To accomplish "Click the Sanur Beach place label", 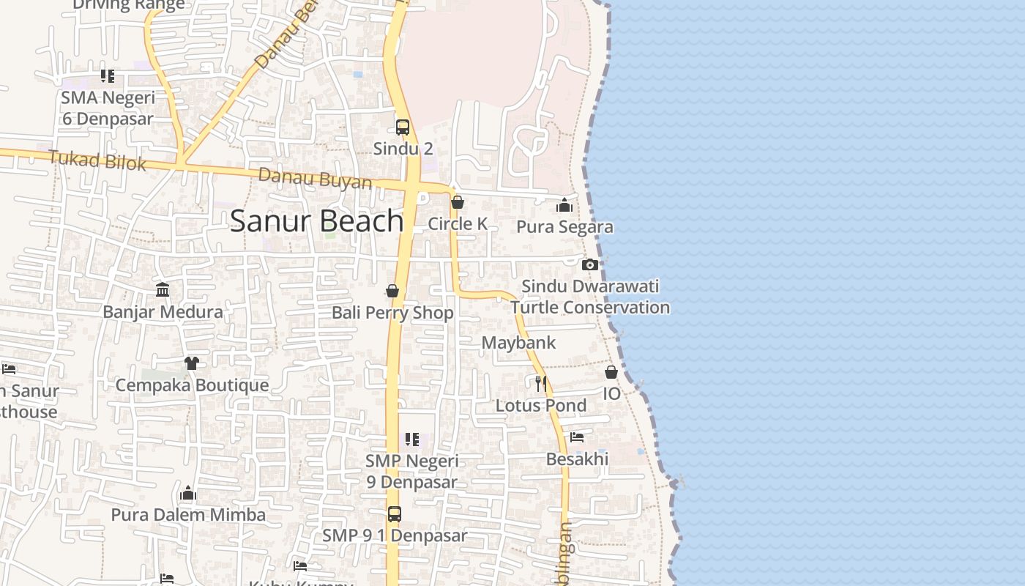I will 316,221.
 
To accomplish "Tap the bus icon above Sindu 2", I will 403,127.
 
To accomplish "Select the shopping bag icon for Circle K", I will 458,202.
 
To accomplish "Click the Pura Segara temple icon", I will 564,206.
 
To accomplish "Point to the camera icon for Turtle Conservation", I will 590,265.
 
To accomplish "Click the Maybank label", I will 518,343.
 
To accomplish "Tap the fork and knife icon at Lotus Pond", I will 541,384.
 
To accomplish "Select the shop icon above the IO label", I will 611,373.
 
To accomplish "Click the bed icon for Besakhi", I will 577,437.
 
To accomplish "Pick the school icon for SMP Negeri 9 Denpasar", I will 412,439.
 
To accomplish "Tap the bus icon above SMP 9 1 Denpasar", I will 395,514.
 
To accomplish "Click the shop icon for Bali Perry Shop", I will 392,292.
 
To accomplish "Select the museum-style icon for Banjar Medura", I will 163,291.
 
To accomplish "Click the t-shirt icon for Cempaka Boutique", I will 192,363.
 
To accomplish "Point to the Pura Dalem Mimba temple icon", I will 188,494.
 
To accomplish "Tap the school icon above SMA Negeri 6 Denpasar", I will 108,76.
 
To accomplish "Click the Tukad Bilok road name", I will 97,160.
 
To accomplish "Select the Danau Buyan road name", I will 315,179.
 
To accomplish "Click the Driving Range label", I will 129,6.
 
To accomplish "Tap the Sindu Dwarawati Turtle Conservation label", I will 590,297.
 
